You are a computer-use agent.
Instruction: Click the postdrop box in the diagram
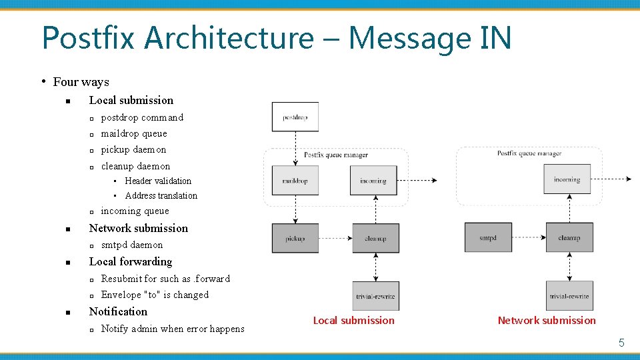tap(295, 117)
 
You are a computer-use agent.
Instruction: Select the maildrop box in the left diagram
tap(295, 181)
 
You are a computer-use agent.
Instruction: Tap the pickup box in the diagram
tap(295, 238)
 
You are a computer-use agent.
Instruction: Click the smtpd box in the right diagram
tap(488, 238)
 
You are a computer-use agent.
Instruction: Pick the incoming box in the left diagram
tap(373, 181)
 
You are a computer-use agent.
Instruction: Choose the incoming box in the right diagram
tap(567, 179)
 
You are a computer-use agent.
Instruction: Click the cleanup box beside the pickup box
tap(375, 238)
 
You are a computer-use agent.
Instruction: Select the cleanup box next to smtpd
tap(569, 238)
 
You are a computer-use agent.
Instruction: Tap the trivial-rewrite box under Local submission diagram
tap(375, 296)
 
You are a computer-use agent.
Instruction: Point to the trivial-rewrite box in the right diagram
tap(569, 296)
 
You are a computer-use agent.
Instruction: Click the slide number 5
tap(621, 343)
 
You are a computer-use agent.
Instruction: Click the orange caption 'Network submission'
tap(547, 321)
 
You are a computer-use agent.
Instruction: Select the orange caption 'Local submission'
tap(353, 321)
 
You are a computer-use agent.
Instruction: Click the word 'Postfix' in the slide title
tap(89, 37)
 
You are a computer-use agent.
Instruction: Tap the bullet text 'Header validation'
tap(157, 181)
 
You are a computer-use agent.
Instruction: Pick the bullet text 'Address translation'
tap(161, 195)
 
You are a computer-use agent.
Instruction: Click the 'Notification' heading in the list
tap(118, 311)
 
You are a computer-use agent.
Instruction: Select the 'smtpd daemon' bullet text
tap(131, 245)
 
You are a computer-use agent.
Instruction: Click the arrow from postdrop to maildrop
tap(295, 148)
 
